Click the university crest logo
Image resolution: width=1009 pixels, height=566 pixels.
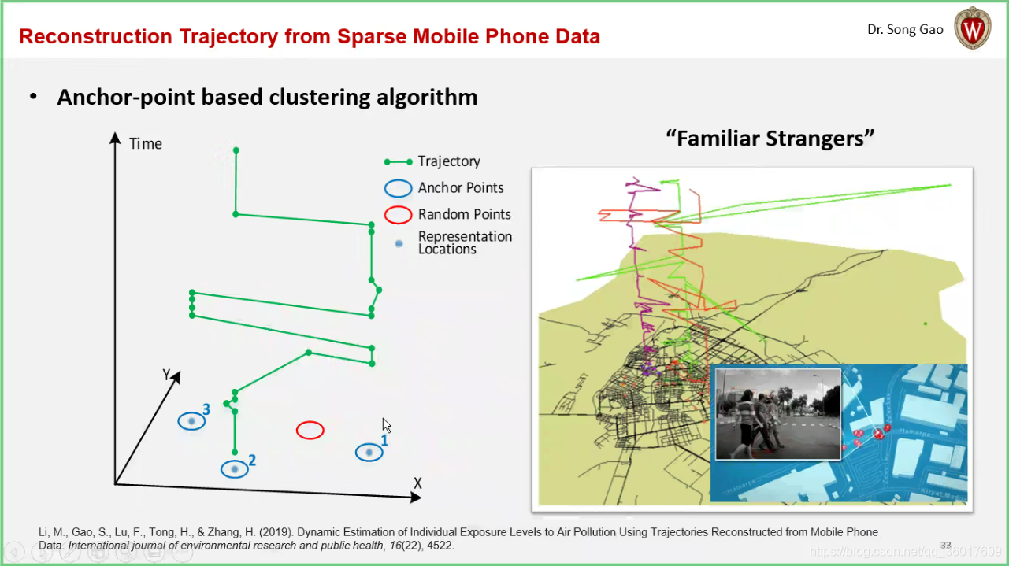(972, 29)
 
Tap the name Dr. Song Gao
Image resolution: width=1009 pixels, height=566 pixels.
(905, 30)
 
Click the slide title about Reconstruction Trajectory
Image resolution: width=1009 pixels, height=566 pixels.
(309, 36)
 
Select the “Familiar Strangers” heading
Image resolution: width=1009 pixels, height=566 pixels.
(770, 139)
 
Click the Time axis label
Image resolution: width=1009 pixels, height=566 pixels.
(146, 144)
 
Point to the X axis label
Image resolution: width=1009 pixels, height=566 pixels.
(417, 483)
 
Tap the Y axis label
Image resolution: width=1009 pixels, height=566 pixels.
(167, 374)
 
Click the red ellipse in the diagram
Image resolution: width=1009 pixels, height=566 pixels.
(310, 430)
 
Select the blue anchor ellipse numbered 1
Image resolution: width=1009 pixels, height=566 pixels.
(369, 453)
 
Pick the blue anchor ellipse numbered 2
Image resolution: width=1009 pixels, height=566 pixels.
(234, 469)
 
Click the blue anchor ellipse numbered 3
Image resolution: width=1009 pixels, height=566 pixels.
(191, 421)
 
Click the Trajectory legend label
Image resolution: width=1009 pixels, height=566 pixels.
(449, 161)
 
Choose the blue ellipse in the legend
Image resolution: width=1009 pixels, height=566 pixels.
(398, 188)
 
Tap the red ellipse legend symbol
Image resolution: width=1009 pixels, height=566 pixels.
(398, 215)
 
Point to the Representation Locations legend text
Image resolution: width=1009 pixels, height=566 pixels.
(465, 242)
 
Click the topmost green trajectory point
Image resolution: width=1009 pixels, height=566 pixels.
(236, 150)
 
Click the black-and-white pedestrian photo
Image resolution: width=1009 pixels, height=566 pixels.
(777, 414)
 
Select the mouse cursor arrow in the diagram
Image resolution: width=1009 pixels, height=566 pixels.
(386, 424)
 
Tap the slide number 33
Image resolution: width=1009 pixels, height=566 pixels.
(946, 545)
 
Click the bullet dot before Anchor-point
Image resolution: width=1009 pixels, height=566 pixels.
(33, 97)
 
